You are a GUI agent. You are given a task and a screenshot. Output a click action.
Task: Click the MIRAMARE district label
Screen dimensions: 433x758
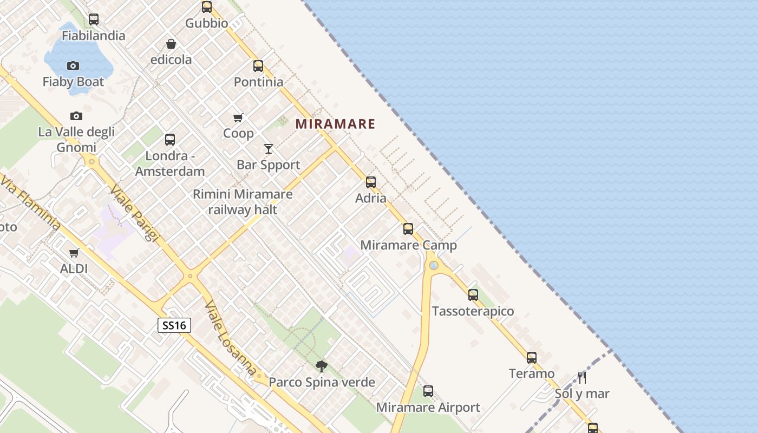click(335, 124)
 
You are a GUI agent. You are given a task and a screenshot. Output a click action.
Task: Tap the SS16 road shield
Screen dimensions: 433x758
click(174, 325)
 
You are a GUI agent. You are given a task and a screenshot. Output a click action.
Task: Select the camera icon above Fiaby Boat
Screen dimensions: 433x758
click(73, 65)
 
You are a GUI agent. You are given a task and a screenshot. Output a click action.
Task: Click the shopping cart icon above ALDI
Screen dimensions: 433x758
click(74, 253)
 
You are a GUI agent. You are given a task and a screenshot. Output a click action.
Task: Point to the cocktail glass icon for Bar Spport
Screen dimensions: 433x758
click(269, 148)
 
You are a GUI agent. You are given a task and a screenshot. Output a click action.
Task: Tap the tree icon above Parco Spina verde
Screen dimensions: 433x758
click(322, 366)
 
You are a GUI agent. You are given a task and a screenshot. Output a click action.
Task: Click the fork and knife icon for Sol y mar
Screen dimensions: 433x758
click(582, 377)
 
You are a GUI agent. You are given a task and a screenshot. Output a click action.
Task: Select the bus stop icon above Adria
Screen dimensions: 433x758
click(371, 182)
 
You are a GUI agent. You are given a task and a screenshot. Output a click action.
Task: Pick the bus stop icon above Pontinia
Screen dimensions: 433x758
click(258, 66)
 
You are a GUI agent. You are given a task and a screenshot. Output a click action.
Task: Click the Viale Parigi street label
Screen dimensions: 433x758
click(134, 214)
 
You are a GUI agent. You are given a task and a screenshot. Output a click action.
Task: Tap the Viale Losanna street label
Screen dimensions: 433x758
click(230, 338)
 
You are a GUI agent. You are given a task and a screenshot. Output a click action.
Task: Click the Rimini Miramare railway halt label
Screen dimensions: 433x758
click(243, 202)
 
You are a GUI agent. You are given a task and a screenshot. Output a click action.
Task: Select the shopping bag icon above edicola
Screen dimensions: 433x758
click(171, 44)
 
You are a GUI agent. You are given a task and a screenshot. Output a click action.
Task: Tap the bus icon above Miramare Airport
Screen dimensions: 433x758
click(428, 391)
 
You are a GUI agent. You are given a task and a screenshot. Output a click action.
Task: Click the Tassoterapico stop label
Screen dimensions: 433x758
click(473, 311)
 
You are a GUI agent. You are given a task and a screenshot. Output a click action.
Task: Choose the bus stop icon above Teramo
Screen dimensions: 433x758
click(532, 357)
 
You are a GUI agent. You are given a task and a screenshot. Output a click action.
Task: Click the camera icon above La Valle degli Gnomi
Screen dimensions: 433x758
click(76, 116)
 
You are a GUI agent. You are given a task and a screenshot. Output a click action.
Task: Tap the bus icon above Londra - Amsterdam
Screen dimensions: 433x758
click(170, 140)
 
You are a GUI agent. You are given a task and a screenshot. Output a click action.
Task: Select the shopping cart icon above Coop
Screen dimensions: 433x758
click(238, 117)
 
